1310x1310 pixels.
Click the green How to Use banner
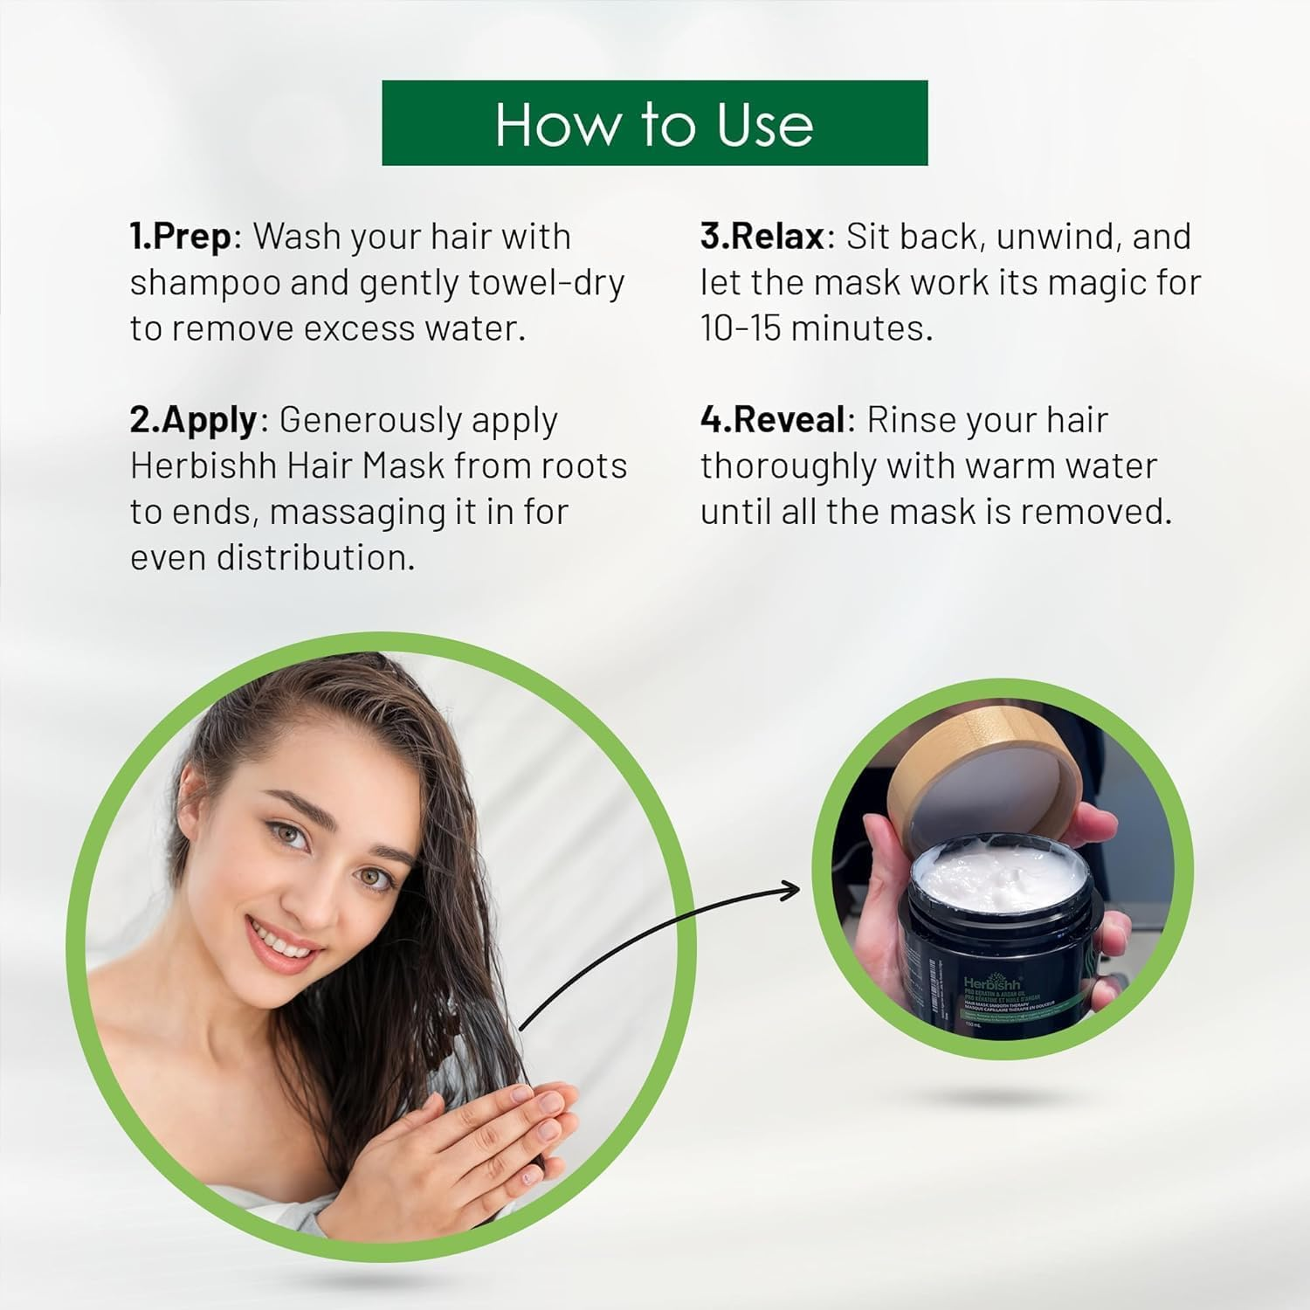pyautogui.click(x=654, y=123)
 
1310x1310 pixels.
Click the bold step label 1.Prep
pyautogui.click(x=181, y=237)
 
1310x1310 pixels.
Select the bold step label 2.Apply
pyautogui.click(x=194, y=420)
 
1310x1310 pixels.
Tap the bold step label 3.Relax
pyautogui.click(x=762, y=237)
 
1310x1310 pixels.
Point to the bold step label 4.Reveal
pyautogui.click(x=772, y=420)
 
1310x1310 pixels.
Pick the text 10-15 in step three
pyautogui.click(x=741, y=328)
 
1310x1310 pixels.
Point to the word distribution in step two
pyautogui.click(x=315, y=557)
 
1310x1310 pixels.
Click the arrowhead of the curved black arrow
pyautogui.click(x=789, y=890)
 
